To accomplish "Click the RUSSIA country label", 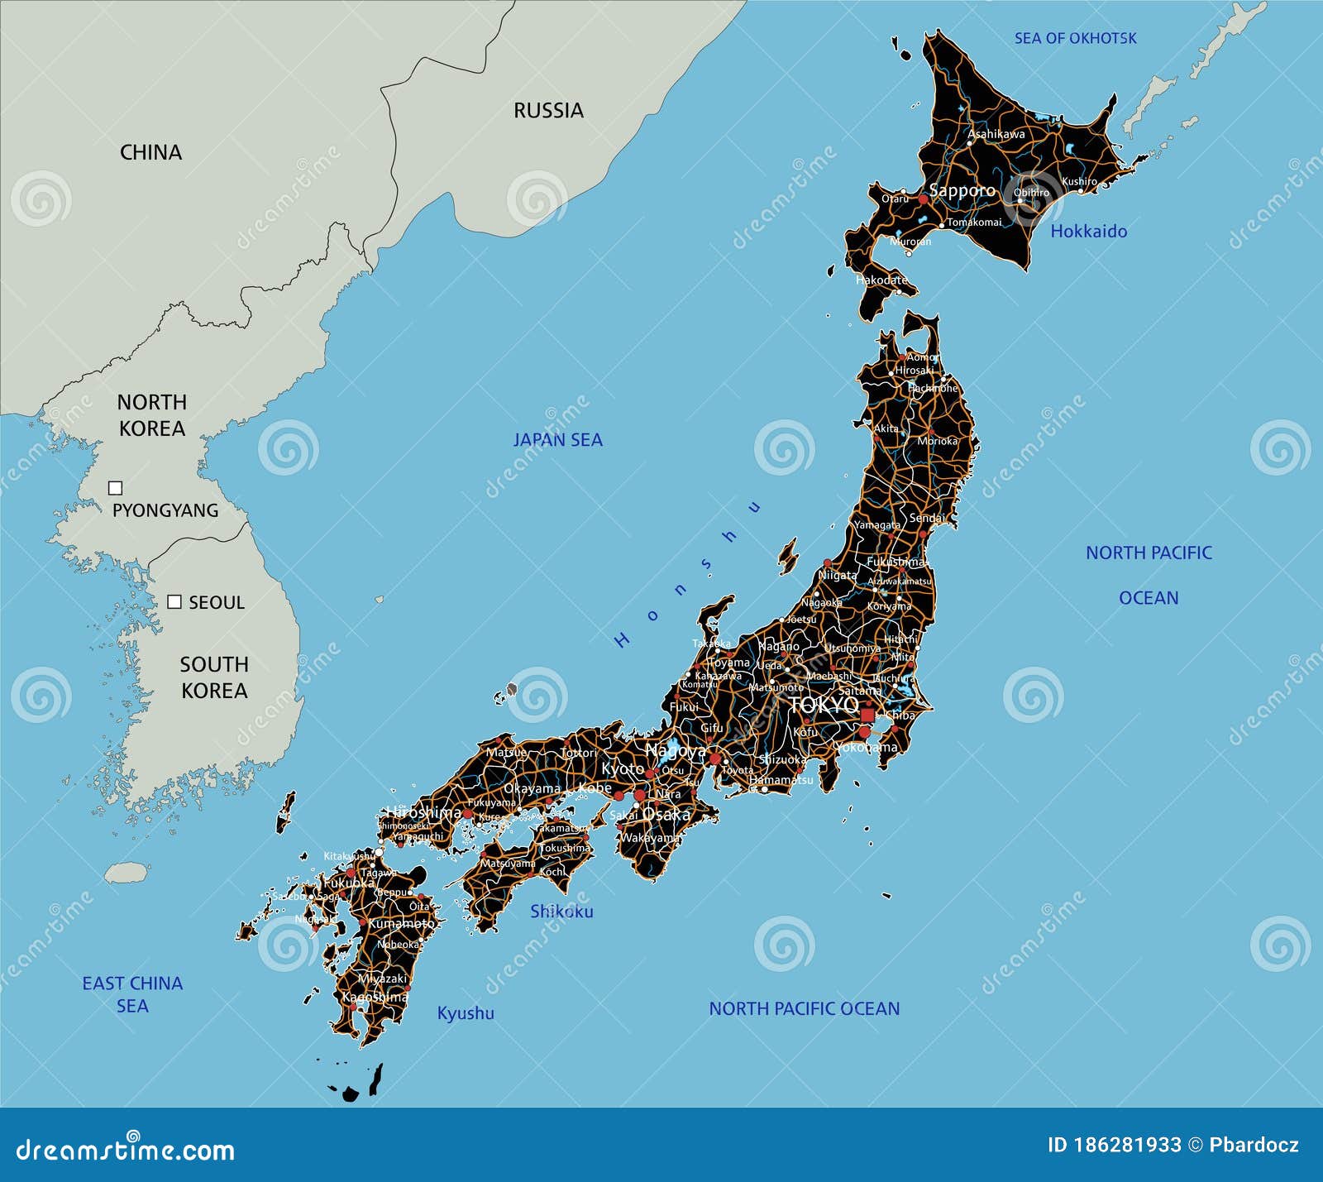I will (548, 111).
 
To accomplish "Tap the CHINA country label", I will (150, 153).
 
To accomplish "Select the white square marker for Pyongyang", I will (116, 488).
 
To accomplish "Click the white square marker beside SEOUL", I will (174, 601).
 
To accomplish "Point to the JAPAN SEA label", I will (557, 440).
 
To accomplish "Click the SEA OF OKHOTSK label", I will (1075, 38).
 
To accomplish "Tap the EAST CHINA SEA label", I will (132, 994).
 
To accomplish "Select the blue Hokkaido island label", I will (1088, 232).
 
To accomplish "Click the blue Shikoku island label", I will (561, 912).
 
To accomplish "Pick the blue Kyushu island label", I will (466, 1013).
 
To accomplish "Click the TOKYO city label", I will (824, 705).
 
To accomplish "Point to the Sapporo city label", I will (962, 191).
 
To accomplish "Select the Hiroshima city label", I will (423, 812).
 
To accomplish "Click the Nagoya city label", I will (676, 752).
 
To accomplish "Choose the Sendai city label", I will (927, 519).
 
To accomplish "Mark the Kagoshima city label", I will (375, 997).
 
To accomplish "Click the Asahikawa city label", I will (996, 134).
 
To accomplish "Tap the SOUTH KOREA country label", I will (214, 677).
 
